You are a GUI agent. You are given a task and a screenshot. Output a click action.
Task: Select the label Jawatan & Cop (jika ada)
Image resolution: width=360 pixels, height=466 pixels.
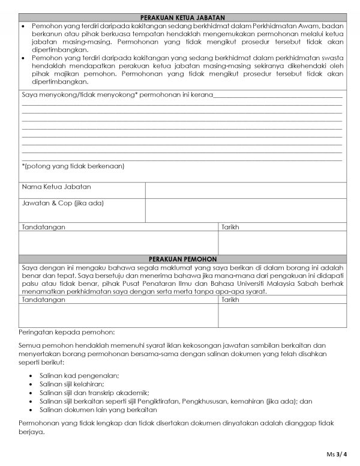point(63,204)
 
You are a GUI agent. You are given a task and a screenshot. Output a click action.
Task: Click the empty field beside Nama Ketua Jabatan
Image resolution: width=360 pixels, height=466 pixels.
point(245,189)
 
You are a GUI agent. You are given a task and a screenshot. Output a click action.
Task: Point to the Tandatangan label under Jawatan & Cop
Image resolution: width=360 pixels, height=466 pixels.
point(43,228)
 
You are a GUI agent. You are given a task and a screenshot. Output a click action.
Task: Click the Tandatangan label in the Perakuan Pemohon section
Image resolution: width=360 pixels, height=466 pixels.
point(43,298)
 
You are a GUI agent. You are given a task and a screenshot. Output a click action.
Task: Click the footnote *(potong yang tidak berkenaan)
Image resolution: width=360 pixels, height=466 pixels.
point(73,165)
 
